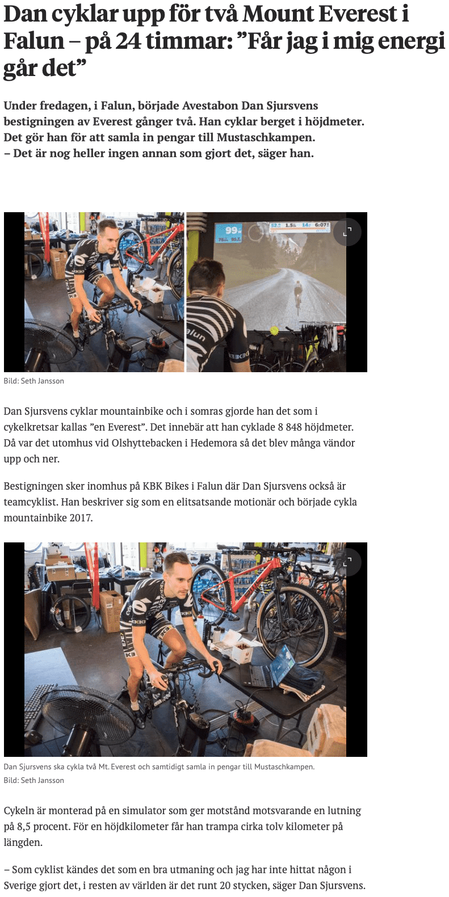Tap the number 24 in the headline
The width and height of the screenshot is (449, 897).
point(128,41)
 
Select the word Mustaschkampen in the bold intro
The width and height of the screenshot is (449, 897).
point(265,137)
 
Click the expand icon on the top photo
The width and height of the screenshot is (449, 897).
point(347,232)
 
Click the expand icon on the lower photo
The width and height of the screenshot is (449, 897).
point(347,562)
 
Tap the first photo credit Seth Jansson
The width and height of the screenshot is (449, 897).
point(42,381)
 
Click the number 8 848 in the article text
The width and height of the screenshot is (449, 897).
point(288,427)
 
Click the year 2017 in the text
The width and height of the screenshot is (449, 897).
point(81,518)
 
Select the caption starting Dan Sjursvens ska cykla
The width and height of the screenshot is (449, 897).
point(159,767)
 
